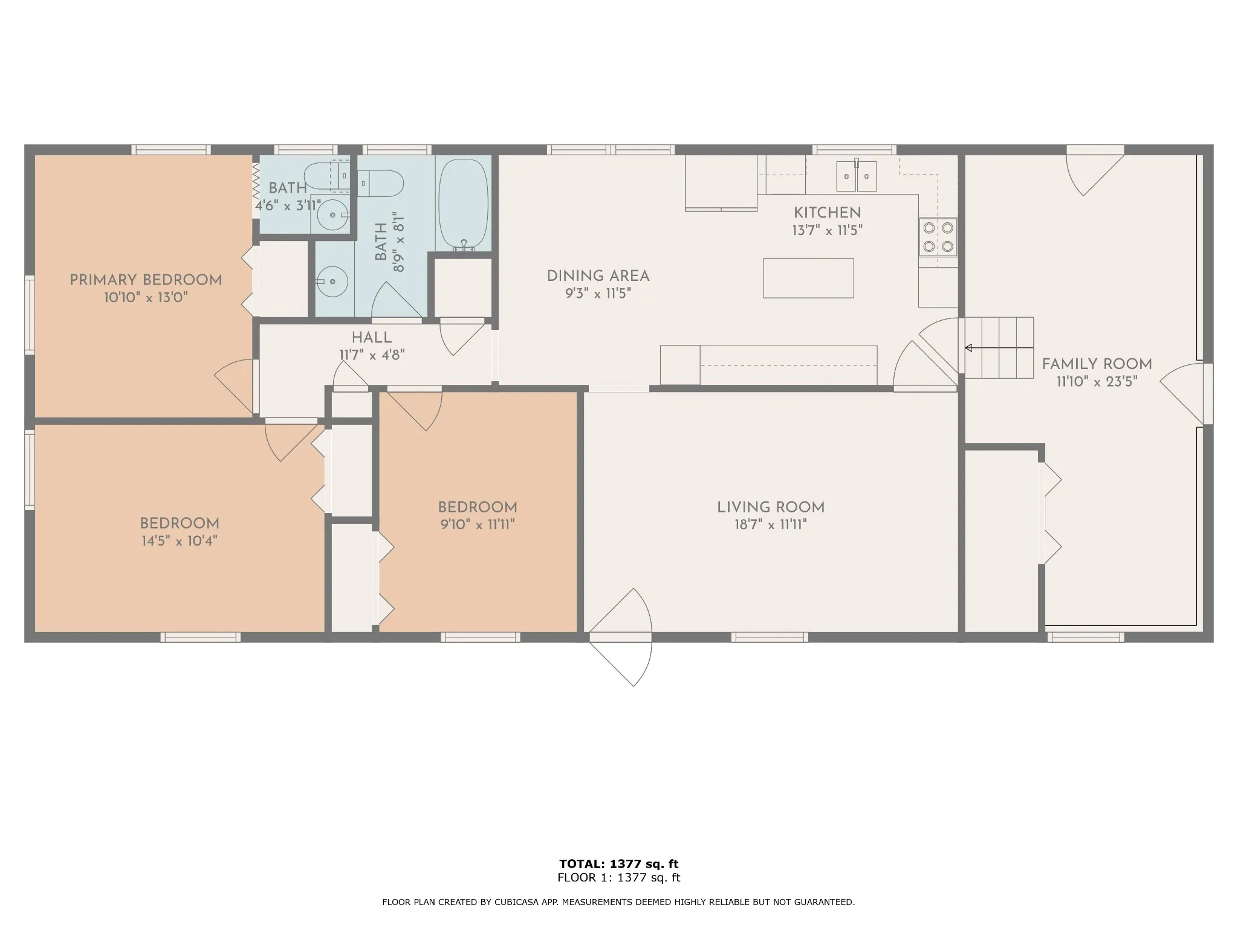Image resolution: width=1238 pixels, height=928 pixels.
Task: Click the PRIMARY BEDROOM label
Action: pyautogui.click(x=146, y=280)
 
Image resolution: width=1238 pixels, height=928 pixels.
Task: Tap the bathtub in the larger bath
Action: pyautogui.click(x=463, y=205)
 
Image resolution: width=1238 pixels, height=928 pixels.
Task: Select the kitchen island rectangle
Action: pyautogui.click(x=808, y=278)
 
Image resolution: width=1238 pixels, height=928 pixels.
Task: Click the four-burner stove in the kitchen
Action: pyautogui.click(x=938, y=237)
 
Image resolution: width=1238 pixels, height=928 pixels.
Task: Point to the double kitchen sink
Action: pyautogui.click(x=857, y=176)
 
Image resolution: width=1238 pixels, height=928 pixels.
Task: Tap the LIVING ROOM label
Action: pyautogui.click(x=771, y=507)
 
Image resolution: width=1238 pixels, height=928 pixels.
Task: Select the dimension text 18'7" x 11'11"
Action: pyautogui.click(x=771, y=524)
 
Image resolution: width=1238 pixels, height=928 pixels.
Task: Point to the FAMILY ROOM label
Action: pyautogui.click(x=1097, y=364)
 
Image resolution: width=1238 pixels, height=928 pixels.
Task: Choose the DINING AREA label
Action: pyautogui.click(x=598, y=276)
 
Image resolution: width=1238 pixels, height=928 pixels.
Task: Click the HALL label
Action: pyautogui.click(x=372, y=338)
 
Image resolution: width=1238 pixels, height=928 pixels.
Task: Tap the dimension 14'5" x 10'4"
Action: pyautogui.click(x=180, y=541)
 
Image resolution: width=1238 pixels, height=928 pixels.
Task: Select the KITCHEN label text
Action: pyautogui.click(x=827, y=213)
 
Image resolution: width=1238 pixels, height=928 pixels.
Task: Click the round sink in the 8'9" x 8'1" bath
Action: pyautogui.click(x=332, y=282)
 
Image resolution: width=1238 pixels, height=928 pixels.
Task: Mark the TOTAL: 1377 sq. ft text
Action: pyautogui.click(x=619, y=864)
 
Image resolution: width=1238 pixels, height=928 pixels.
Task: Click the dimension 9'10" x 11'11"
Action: pyautogui.click(x=478, y=524)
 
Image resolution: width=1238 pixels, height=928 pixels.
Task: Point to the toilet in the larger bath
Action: pyautogui.click(x=381, y=184)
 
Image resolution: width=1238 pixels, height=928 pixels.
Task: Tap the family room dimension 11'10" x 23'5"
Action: pyautogui.click(x=1097, y=381)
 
